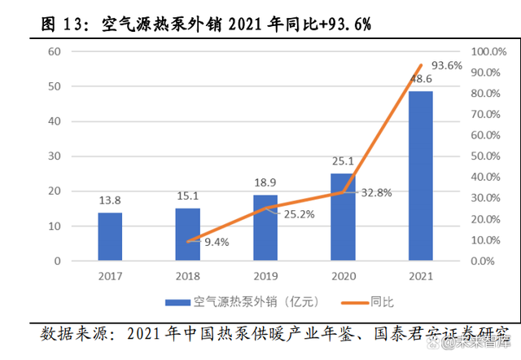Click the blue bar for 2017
(x=110, y=237)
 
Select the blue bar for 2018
(x=187, y=235)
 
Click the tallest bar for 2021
(x=420, y=176)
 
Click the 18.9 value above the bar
(x=265, y=182)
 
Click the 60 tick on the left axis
(x=55, y=51)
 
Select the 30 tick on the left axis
(x=55, y=156)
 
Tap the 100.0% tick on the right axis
(x=490, y=51)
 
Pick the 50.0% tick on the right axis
(x=490, y=156)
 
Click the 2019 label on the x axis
(x=265, y=276)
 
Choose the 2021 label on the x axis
(x=420, y=276)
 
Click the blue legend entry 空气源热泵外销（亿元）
(x=244, y=302)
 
